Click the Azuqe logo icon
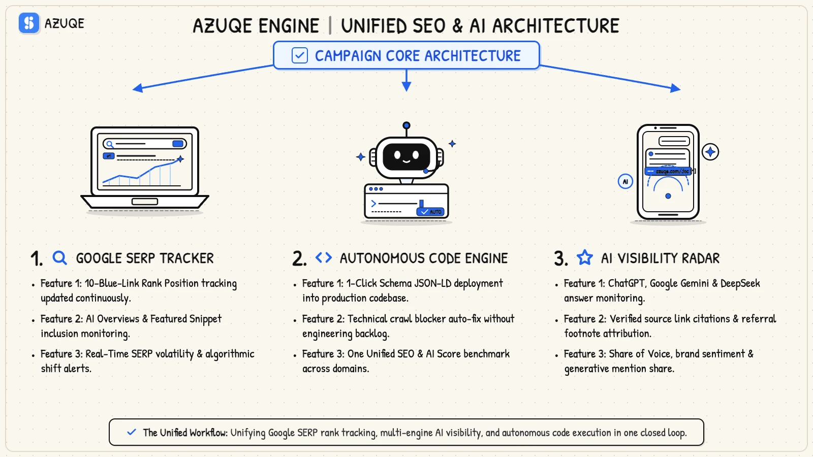[x=28, y=23]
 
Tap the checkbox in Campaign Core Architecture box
[x=299, y=55]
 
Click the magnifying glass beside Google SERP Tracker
[x=59, y=258]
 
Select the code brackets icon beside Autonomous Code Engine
[x=323, y=257]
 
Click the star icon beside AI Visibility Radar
[x=585, y=257]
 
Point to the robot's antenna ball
[x=407, y=125]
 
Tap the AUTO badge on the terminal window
[x=430, y=211]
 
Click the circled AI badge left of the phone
[x=626, y=181]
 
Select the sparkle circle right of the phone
[x=710, y=152]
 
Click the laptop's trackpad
[x=144, y=201]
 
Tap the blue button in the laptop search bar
[x=178, y=144]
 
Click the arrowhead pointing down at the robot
[x=407, y=86]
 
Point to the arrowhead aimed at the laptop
[x=138, y=88]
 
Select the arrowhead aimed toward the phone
[x=675, y=88]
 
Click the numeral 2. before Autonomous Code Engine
[x=299, y=258]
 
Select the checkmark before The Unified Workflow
[x=132, y=432]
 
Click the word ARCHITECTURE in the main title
[x=555, y=26]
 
